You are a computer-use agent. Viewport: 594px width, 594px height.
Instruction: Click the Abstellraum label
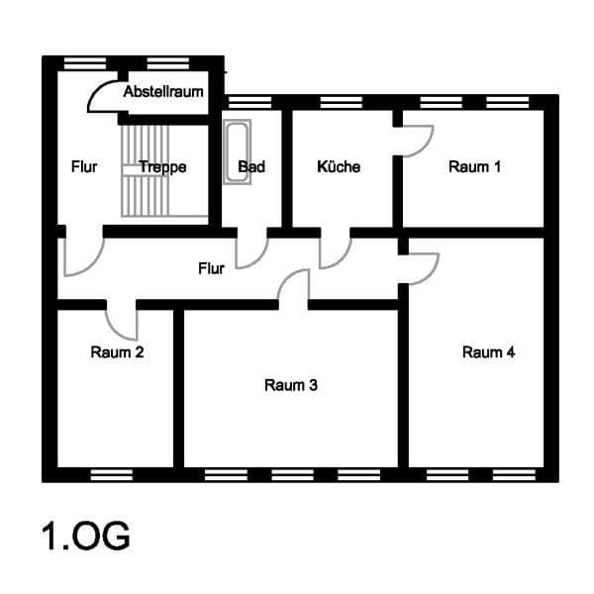click(x=163, y=92)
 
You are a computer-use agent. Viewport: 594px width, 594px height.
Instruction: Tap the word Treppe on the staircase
click(x=162, y=167)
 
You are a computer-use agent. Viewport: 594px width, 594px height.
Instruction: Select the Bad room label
click(x=251, y=167)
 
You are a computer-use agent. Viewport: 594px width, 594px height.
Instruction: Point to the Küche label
click(x=339, y=167)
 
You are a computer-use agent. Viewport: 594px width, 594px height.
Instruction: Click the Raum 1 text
click(x=474, y=167)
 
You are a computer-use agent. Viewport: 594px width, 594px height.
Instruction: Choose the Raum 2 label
click(x=117, y=351)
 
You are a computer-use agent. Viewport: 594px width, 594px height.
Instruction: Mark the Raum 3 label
click(x=291, y=385)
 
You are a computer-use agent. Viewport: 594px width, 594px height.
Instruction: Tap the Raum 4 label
click(x=488, y=351)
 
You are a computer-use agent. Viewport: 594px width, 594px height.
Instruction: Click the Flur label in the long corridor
click(x=211, y=268)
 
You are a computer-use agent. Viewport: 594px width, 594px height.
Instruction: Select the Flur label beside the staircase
click(x=85, y=167)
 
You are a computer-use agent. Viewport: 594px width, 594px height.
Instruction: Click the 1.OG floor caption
click(x=85, y=537)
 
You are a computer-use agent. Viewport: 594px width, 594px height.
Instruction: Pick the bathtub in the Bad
click(x=238, y=151)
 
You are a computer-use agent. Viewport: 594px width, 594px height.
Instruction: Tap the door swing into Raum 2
click(x=123, y=322)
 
